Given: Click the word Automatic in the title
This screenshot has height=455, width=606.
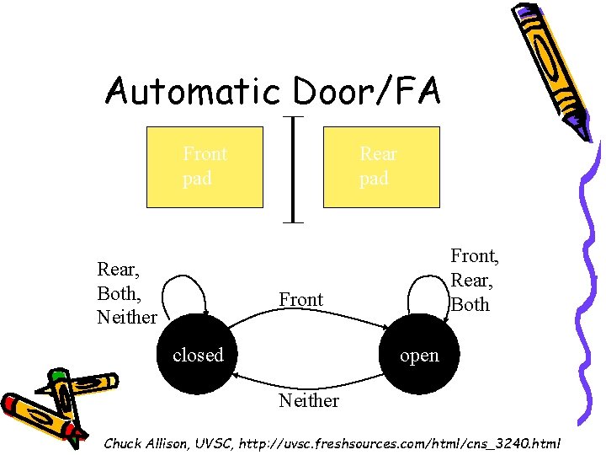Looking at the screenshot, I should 191,91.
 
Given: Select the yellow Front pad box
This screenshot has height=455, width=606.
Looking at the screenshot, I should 205,167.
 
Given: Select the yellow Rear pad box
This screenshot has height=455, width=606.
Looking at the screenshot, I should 381,167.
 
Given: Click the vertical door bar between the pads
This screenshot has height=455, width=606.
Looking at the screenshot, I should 293,169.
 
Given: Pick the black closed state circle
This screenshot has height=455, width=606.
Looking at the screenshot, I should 198,355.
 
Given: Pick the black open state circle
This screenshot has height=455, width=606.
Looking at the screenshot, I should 418,355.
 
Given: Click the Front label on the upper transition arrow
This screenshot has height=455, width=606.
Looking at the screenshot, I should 300,300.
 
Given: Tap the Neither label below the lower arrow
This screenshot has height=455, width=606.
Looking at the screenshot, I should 308,401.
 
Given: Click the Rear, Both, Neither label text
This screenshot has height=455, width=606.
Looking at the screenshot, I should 126,292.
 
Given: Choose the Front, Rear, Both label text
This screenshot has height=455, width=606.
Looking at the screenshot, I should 474,280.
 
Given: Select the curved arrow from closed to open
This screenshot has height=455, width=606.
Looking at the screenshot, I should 308,318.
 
